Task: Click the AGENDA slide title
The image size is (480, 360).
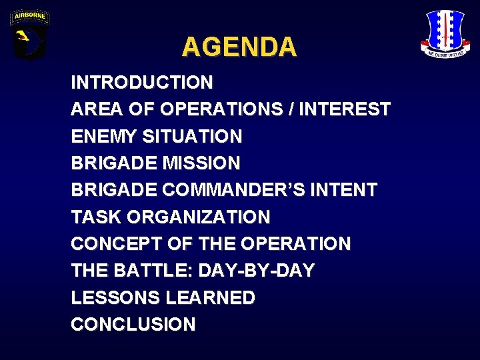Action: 239,47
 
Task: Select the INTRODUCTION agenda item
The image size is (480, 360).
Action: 142,83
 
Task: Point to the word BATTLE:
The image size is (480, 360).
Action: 137,271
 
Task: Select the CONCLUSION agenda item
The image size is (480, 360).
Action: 133,325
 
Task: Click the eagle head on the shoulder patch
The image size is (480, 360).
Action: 27,39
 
